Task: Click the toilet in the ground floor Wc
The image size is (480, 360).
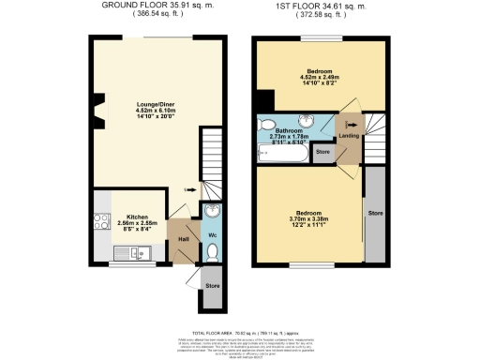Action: (x=213, y=250)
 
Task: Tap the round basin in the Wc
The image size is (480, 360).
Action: (x=213, y=210)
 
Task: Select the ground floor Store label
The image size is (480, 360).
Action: (x=212, y=284)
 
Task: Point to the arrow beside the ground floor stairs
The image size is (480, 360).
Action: (x=190, y=189)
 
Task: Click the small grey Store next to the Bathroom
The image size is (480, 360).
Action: (x=323, y=151)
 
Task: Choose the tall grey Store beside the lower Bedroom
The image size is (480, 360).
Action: (x=374, y=213)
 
